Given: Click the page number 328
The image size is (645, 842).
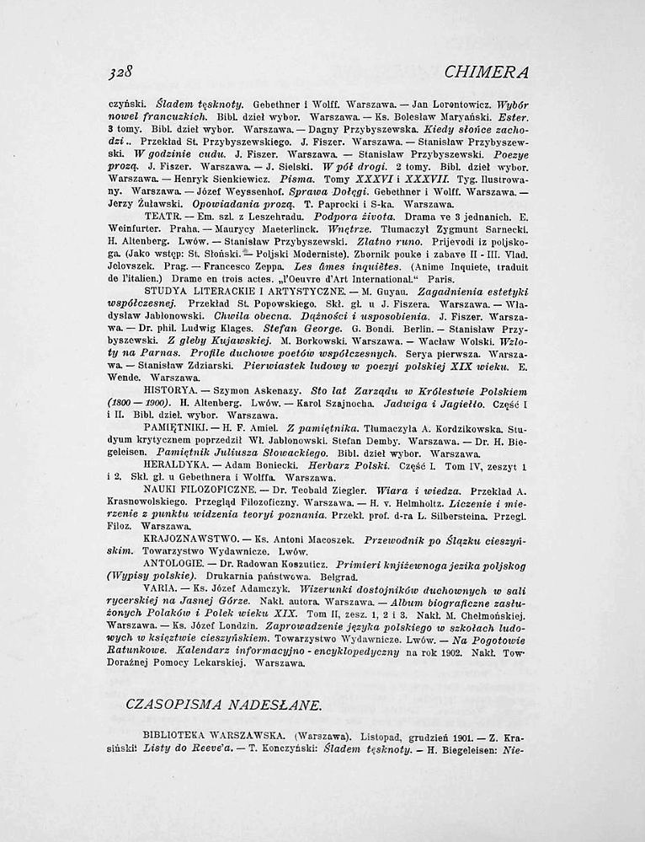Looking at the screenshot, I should pyautogui.click(x=123, y=72).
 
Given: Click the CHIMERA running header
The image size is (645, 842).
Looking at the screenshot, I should pyautogui.click(x=489, y=72).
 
